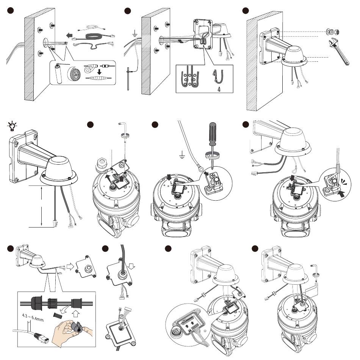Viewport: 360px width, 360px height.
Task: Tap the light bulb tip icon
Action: coord(12,126)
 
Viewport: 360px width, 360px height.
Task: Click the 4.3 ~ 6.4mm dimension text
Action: coord(33,318)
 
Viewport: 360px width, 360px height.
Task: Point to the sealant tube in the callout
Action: coord(58,74)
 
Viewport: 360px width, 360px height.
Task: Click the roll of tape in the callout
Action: coord(74,74)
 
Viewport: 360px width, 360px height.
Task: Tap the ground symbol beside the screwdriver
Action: coord(182,155)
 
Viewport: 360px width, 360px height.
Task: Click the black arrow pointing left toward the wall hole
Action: coord(69,36)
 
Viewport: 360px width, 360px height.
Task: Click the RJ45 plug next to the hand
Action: coord(41,338)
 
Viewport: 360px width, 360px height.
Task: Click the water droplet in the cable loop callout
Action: coord(218,89)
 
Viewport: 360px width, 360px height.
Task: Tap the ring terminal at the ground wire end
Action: coord(200,169)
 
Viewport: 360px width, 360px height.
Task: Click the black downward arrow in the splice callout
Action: coord(99,72)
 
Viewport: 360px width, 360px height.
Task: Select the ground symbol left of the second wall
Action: coord(135,34)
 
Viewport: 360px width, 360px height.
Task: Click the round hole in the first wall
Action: coord(45,43)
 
